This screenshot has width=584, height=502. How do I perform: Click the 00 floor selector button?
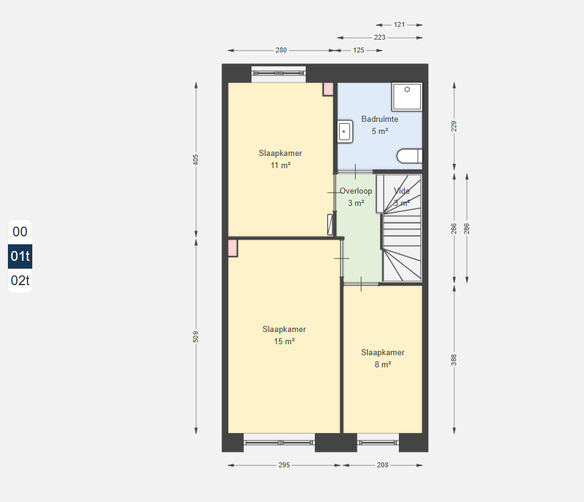20,232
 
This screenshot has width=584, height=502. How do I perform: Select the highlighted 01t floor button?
20,256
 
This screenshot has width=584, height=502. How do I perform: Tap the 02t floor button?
20,281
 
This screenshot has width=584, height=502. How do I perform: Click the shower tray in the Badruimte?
407,96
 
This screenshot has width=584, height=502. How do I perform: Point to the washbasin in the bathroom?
345,131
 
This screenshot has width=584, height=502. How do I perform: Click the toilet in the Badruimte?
409,156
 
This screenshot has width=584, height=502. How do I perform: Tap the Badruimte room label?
379,119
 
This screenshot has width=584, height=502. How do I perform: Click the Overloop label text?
356,191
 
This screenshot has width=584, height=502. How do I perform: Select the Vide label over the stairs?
402,191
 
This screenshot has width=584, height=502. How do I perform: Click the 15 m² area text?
284,341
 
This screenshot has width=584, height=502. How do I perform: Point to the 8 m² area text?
382,364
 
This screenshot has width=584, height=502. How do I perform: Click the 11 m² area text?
281,166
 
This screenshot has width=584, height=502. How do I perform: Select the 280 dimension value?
281,50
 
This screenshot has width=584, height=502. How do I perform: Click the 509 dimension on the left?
195,337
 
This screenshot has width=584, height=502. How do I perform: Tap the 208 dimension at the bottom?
382,465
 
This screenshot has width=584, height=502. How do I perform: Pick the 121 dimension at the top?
399,24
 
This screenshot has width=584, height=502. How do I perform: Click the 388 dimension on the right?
454,360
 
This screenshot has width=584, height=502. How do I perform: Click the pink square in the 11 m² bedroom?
328,89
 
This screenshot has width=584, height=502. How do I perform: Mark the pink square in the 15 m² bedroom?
233,248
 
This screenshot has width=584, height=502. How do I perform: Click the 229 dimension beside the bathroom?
454,127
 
